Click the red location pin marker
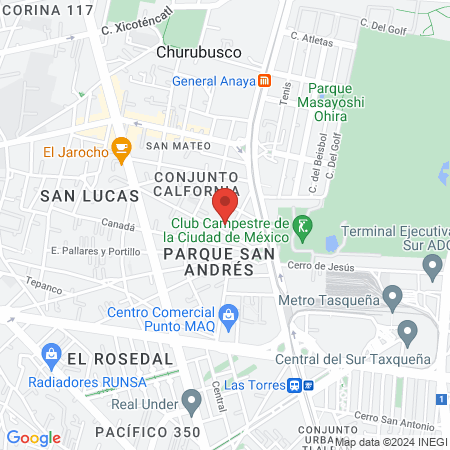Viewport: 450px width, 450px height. (226, 204)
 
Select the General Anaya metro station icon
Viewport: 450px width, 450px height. (264, 81)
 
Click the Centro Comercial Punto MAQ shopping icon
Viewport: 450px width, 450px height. (229, 315)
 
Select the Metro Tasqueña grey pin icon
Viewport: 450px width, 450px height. (393, 297)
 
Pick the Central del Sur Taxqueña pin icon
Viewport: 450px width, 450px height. (407, 331)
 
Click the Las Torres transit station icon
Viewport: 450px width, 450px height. (296, 385)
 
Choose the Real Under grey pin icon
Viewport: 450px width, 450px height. (192, 403)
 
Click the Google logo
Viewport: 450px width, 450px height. (34, 437)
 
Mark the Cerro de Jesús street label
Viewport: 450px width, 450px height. (320, 265)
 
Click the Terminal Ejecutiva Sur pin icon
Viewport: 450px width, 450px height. (432, 267)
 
